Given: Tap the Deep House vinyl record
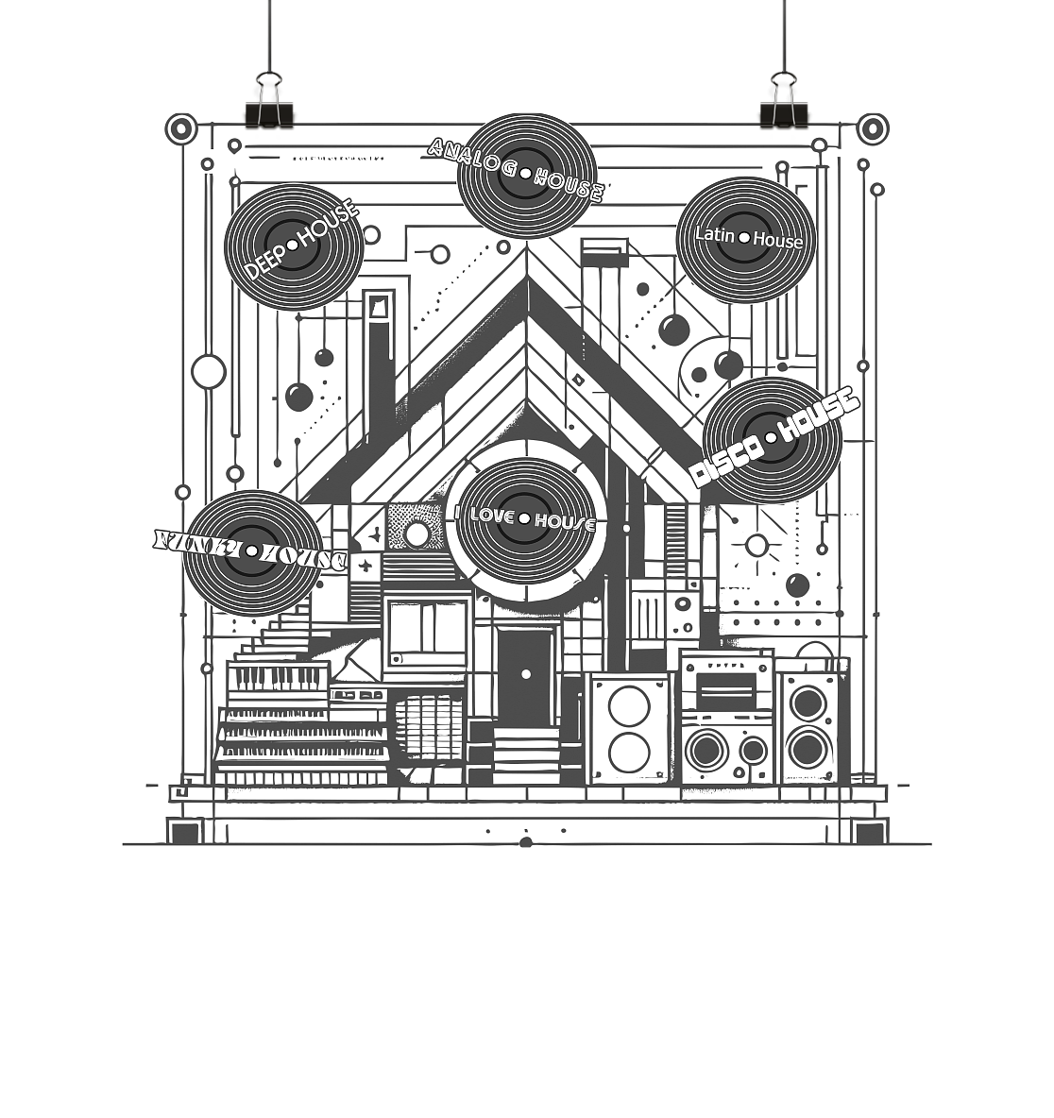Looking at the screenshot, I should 293,246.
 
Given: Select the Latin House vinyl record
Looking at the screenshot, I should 745,239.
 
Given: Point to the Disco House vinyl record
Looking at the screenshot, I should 772,439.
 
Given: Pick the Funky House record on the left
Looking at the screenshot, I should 253,551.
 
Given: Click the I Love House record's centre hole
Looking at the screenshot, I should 524,518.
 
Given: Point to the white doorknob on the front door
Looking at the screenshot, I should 526,674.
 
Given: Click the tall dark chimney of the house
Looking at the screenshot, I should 380,359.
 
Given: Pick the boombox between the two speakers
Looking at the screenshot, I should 726,718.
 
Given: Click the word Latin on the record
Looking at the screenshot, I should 714,234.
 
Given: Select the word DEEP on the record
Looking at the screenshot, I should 264,263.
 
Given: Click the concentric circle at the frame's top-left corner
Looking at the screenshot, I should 180,128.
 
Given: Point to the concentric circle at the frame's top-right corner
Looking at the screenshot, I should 873,127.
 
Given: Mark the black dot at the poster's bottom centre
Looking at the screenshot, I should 526,843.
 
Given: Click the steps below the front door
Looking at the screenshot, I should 525,755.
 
